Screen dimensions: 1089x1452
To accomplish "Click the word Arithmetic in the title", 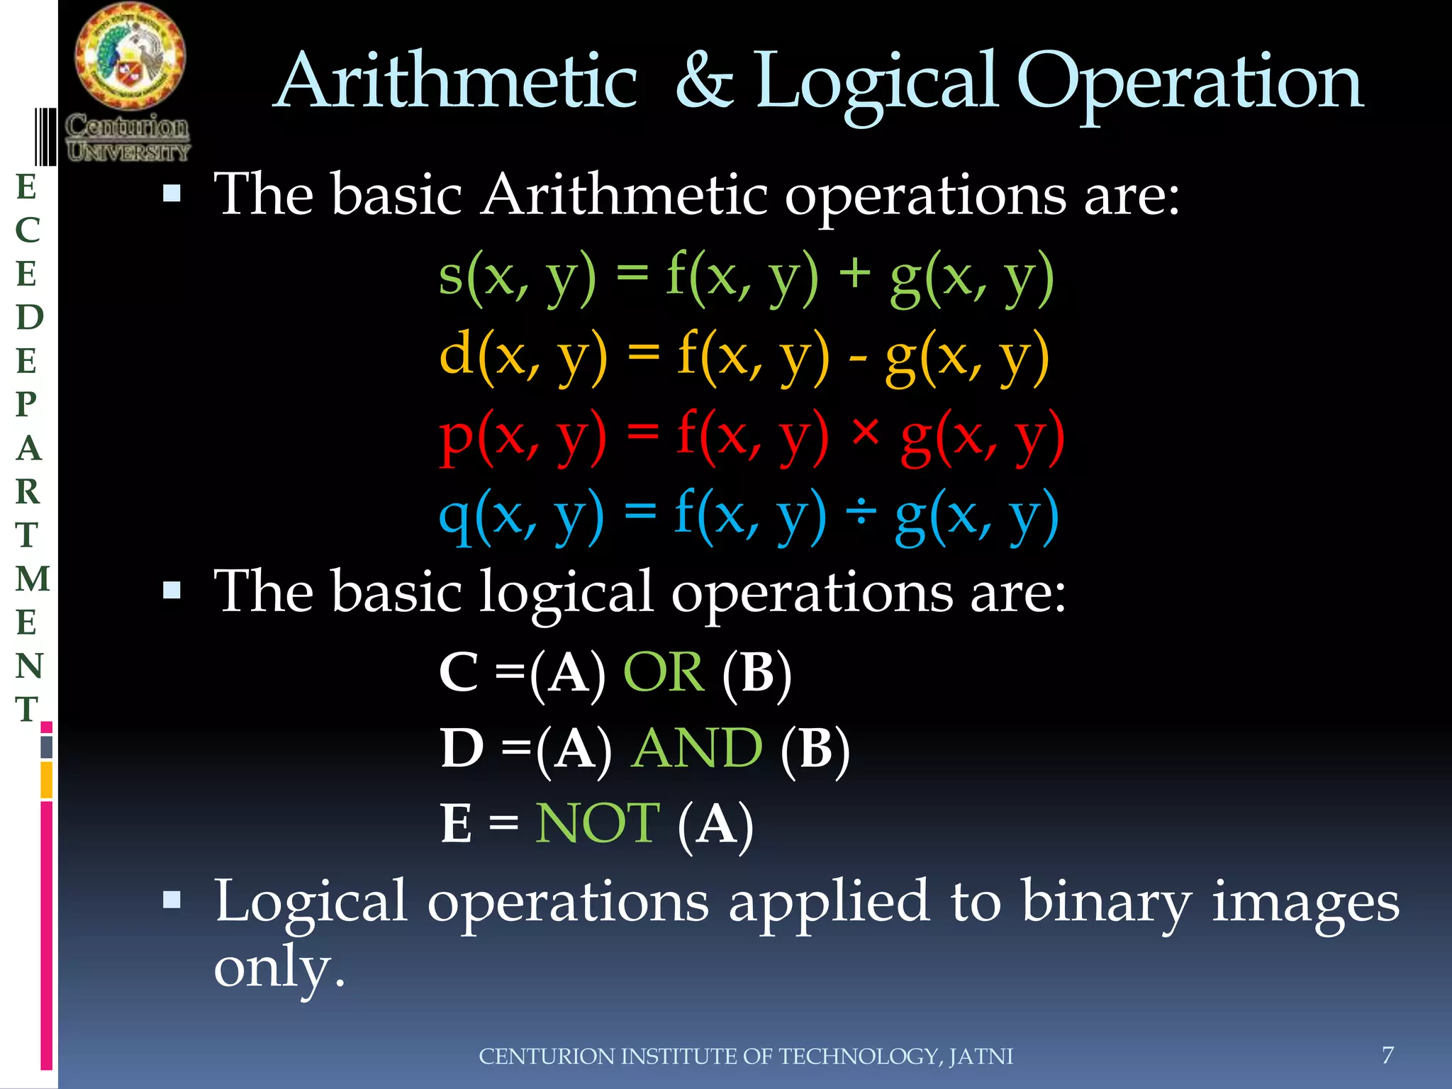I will click(457, 82).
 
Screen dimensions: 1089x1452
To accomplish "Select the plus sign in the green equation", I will click(854, 274).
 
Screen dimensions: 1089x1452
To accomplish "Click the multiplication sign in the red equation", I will click(865, 431).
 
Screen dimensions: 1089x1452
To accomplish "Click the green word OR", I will click(664, 671).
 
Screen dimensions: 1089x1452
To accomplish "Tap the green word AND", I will click(696, 748).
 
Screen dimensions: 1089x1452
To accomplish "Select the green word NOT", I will click(597, 824).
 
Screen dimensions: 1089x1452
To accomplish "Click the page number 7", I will click(1387, 1055).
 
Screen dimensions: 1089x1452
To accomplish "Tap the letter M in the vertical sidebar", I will click(32, 579).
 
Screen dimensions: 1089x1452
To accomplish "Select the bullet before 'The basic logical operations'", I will click(172, 591).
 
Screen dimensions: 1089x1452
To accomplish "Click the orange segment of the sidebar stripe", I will click(46, 780).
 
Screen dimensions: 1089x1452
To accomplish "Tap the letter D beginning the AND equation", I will click(462, 748).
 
